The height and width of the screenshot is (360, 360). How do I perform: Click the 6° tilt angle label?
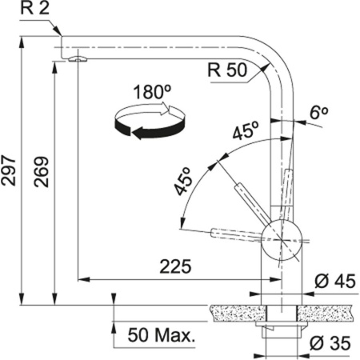pos(319,114)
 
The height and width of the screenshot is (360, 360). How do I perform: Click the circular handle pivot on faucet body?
pos(282,235)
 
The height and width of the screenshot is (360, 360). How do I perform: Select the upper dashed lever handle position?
pos(245,197)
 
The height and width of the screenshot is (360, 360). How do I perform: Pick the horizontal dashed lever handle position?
pos(232,234)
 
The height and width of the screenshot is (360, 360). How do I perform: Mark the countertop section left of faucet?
pos(238,308)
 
